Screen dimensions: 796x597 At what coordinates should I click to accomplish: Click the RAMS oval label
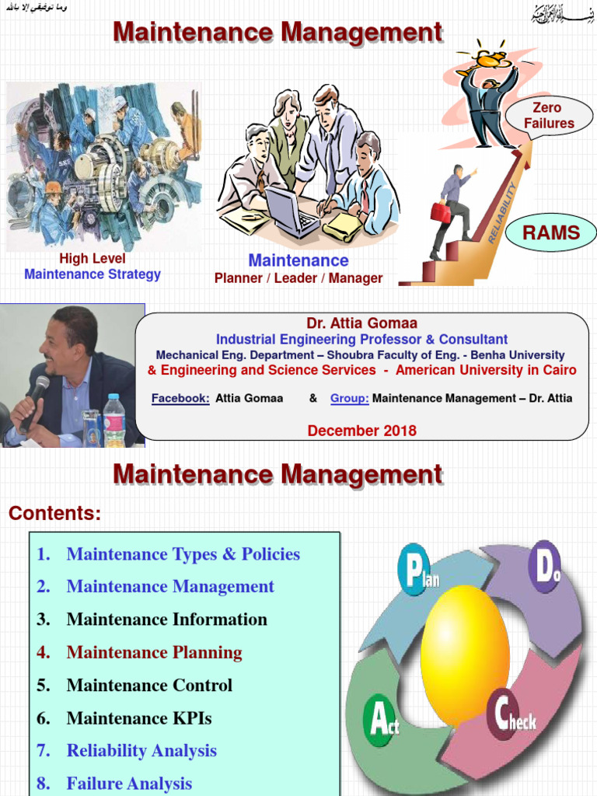(550, 232)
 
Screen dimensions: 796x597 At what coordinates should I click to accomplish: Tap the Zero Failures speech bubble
(549, 116)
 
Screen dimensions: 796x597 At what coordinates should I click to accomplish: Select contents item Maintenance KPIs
(138, 718)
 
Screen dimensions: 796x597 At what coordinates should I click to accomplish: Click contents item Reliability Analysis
(141, 751)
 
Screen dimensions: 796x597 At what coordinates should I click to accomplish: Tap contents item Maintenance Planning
(154, 653)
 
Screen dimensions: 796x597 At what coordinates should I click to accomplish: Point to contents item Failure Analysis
(129, 784)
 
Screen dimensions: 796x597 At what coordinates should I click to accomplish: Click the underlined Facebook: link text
(180, 399)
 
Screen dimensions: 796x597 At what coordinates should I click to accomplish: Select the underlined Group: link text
(349, 399)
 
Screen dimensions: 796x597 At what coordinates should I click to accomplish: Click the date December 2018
(361, 431)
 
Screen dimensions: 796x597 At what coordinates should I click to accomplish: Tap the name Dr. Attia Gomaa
(361, 323)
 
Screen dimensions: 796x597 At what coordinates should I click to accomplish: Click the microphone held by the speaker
(36, 396)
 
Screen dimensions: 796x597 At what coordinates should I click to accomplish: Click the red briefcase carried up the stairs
(441, 211)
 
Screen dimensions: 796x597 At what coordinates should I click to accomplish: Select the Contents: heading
(54, 514)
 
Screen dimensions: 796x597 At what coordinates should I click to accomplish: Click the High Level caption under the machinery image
(92, 259)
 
